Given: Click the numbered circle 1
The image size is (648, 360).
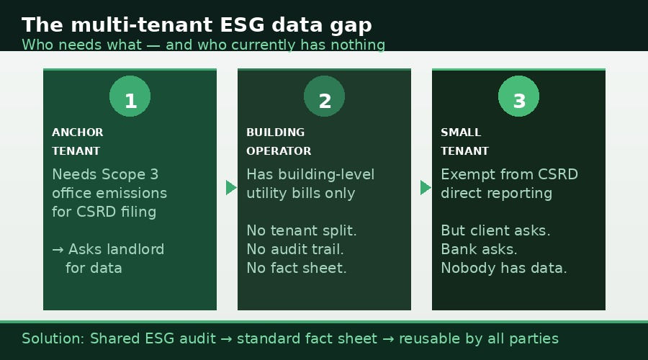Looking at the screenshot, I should coord(130,96).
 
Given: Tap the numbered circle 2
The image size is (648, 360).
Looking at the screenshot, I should coord(324,96).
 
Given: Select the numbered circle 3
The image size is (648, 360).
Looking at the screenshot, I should coord(518,96).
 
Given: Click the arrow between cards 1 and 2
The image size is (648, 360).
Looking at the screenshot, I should coord(231,187).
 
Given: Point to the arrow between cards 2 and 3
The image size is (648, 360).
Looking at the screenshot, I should coord(426,187).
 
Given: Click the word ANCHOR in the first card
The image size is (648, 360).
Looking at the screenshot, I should coord(78,132).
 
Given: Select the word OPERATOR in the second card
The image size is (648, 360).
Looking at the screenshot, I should coord(279,151).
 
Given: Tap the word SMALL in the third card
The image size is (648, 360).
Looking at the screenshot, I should coord(461,132).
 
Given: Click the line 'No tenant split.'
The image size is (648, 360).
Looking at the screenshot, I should coord(302,230).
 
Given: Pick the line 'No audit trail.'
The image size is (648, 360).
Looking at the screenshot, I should coord(295,249).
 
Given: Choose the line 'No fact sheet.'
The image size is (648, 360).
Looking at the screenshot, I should coord(297,268).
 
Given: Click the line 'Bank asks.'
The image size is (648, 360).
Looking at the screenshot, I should coord(479,249).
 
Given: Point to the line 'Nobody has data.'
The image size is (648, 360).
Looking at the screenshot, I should coord(504,268).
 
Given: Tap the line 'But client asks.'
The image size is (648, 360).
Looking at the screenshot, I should coord(495,230).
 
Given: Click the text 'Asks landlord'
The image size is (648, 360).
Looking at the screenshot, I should coord(116,249).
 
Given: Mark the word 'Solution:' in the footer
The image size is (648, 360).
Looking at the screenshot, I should coord(53,338).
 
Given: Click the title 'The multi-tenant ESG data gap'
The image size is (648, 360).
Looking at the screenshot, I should coord(197,24).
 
